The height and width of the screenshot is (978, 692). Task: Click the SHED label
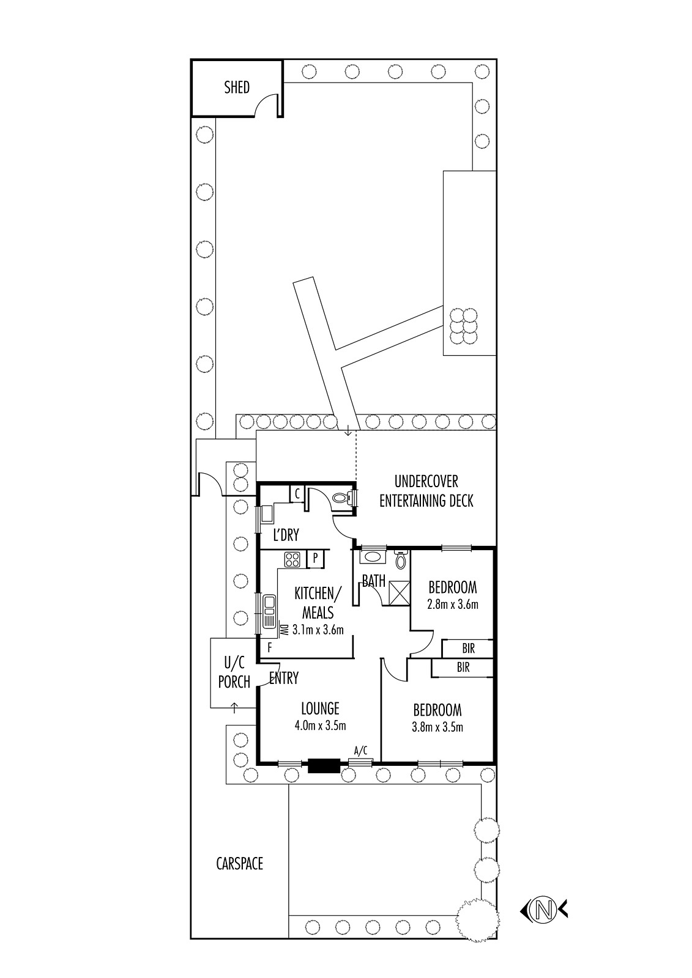[x=237, y=87]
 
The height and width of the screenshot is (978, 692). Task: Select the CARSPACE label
[x=240, y=863]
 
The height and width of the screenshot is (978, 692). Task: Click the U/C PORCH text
[x=234, y=672]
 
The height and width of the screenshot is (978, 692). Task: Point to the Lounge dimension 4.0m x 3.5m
[x=321, y=726]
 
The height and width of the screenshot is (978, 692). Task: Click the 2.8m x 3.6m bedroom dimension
[x=453, y=605]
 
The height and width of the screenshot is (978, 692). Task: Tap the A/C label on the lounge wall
[x=360, y=751]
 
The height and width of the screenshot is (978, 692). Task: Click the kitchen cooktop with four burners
[x=292, y=560]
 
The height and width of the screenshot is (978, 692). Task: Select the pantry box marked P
[x=315, y=559]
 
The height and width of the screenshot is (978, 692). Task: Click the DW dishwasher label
[x=284, y=629]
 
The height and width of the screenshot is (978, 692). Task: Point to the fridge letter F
[x=270, y=648]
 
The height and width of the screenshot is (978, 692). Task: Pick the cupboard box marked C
[x=297, y=495]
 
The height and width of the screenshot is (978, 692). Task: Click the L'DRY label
[x=286, y=535]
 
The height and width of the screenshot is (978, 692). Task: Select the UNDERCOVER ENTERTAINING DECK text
[x=426, y=491]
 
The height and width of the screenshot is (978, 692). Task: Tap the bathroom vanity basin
[x=373, y=557]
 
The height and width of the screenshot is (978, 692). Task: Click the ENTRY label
[x=284, y=678]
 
